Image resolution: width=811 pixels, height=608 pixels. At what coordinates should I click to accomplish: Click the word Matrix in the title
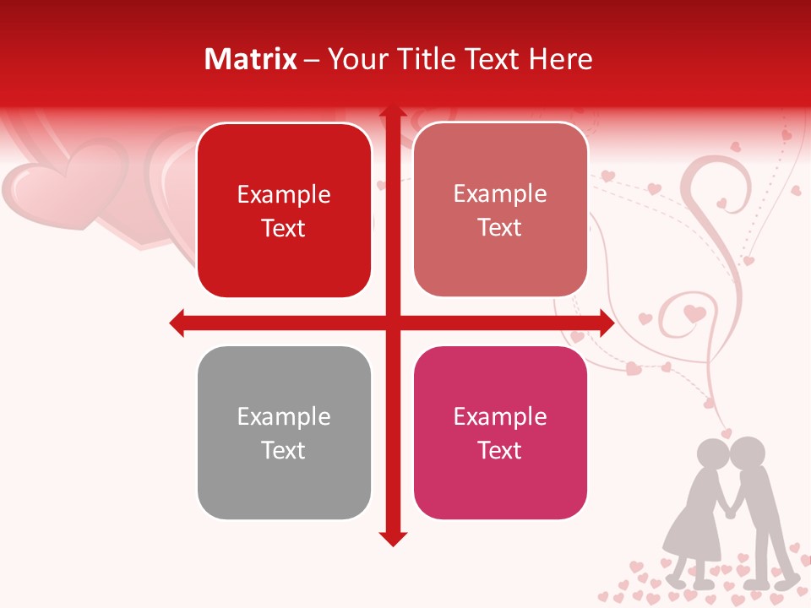(250, 59)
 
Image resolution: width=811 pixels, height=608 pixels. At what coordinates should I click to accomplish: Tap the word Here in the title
(560, 59)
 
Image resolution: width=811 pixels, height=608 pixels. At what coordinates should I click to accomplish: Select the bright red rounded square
(284, 211)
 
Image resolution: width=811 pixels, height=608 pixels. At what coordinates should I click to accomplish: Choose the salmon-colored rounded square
(500, 210)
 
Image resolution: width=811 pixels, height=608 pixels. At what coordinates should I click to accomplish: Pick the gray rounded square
(284, 433)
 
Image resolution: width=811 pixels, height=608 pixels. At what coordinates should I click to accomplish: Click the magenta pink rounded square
(500, 433)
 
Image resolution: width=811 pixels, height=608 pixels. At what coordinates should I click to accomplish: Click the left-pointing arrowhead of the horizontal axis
(177, 323)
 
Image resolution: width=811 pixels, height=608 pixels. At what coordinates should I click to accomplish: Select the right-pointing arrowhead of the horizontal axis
(606, 323)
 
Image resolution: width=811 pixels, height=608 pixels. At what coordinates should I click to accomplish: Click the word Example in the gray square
(284, 416)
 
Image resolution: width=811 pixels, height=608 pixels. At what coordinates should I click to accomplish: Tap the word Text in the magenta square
(500, 450)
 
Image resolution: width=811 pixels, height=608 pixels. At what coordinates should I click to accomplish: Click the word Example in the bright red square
(284, 194)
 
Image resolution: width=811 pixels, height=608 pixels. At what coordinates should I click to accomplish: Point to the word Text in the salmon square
(500, 228)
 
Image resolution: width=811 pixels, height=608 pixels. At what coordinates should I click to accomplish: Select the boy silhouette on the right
(760, 507)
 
